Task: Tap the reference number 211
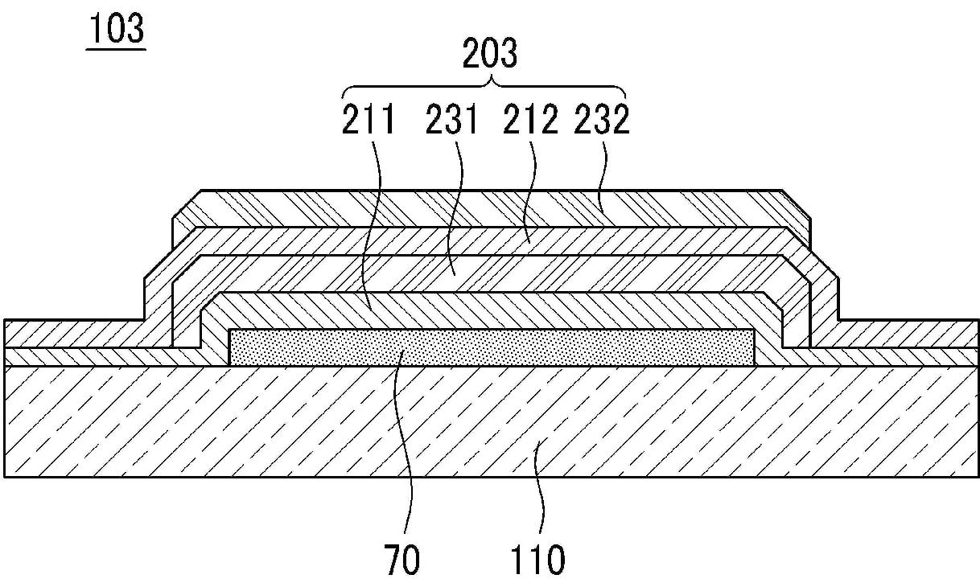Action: pyautogui.click(x=370, y=120)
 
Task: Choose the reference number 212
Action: pyautogui.click(x=530, y=120)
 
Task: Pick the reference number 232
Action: pyautogui.click(x=601, y=120)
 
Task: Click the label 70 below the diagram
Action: pyautogui.click(x=402, y=559)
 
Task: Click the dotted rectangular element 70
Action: pyautogui.click(x=491, y=347)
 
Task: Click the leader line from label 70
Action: pyautogui.click(x=406, y=450)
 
